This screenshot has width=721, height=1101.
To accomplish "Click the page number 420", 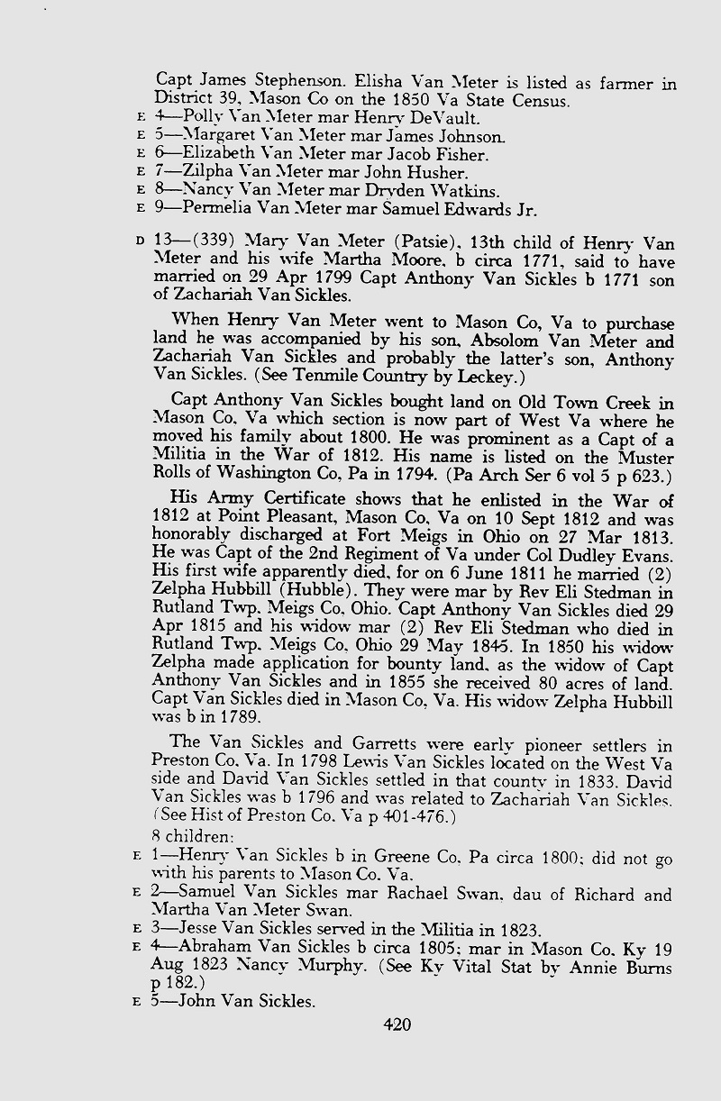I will click(x=397, y=1024).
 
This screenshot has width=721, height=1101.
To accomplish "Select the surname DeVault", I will click(x=447, y=117).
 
